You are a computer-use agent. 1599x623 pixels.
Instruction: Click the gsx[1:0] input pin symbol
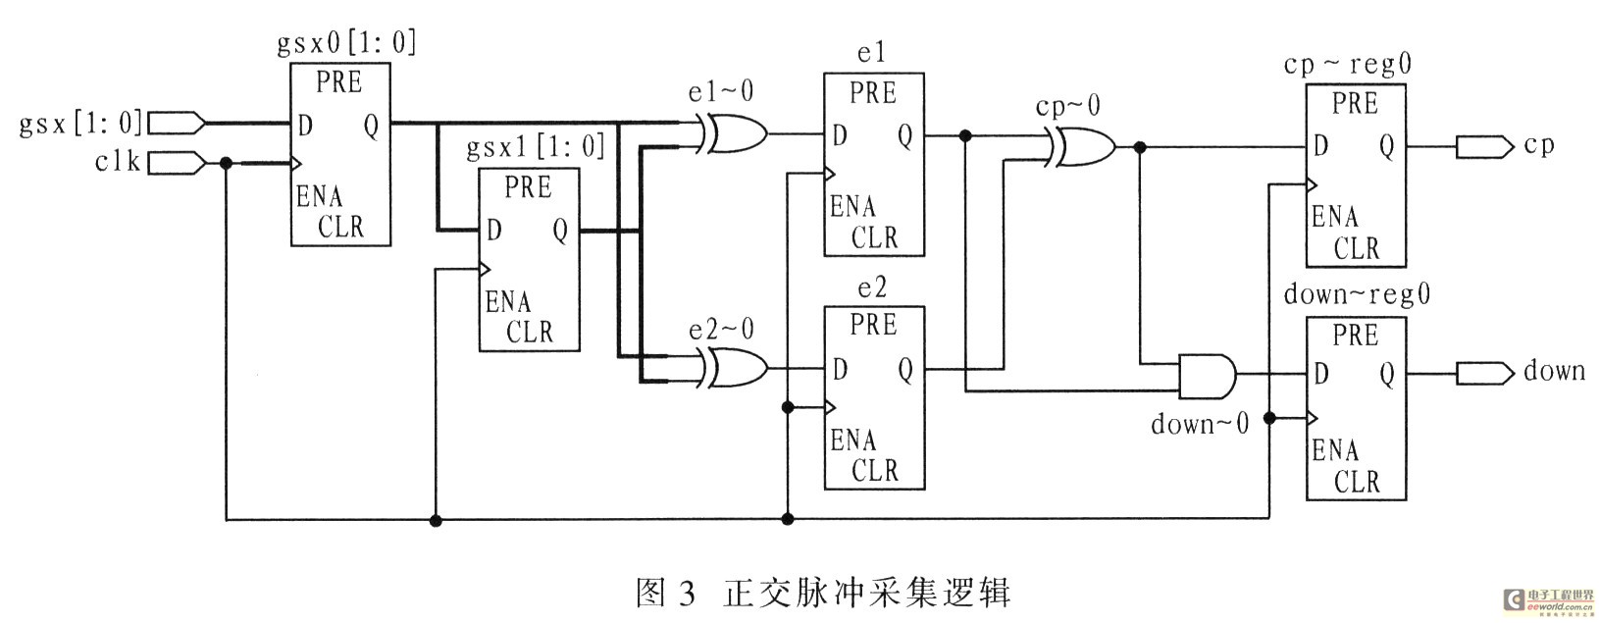click(x=176, y=123)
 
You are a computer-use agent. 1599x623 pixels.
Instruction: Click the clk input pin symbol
click(x=176, y=162)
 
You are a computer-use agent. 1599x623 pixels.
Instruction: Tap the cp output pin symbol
click(x=1483, y=146)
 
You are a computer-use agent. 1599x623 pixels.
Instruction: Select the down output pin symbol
click(x=1483, y=372)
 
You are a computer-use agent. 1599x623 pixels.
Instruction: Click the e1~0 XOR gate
click(x=734, y=133)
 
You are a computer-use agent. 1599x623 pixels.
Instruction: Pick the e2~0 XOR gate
click(x=734, y=368)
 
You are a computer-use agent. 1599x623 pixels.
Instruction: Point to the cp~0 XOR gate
click(x=1082, y=147)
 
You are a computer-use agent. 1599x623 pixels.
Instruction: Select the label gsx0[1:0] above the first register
click(x=344, y=42)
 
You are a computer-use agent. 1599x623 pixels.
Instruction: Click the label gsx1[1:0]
click(x=535, y=147)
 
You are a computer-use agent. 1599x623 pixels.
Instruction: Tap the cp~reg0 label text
click(x=1349, y=65)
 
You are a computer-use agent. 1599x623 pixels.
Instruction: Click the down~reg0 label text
click(x=1357, y=294)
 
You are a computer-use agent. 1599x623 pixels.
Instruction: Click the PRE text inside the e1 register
click(x=872, y=93)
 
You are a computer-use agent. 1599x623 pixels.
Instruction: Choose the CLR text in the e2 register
click(x=874, y=470)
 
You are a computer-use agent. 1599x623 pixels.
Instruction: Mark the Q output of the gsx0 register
click(x=371, y=126)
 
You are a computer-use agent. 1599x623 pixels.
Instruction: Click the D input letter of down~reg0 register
click(x=1320, y=374)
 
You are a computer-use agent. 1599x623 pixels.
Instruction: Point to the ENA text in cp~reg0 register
click(x=1335, y=217)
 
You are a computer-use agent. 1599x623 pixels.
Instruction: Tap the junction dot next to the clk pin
click(x=227, y=163)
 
